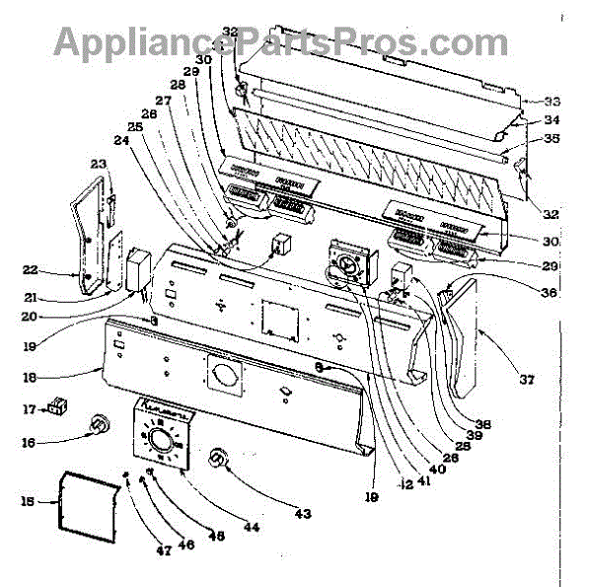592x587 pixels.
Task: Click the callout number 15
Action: [28, 501]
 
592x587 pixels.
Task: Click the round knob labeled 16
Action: [100, 425]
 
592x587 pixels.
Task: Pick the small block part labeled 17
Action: [58, 404]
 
